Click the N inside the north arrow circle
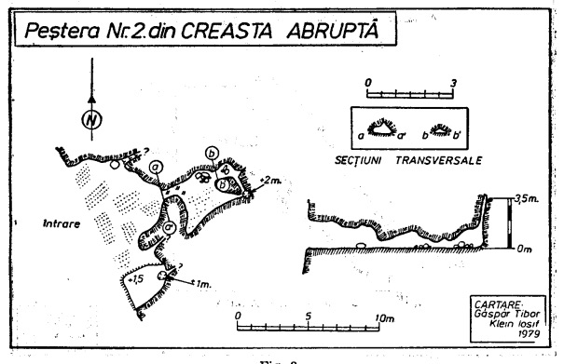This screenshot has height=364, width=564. pos(90,120)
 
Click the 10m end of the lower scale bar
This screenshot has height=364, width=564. pos(382,317)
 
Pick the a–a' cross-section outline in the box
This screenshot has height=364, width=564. pos(382,129)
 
